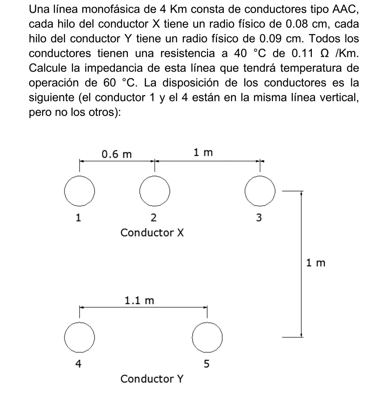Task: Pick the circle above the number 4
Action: (80, 336)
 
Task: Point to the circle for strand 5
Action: (207, 336)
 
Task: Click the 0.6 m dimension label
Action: (117, 155)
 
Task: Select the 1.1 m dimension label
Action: (139, 300)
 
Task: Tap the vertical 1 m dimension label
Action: (316, 263)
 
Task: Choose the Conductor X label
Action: (152, 233)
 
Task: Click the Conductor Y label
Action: (152, 379)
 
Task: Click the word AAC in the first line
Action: (346, 10)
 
